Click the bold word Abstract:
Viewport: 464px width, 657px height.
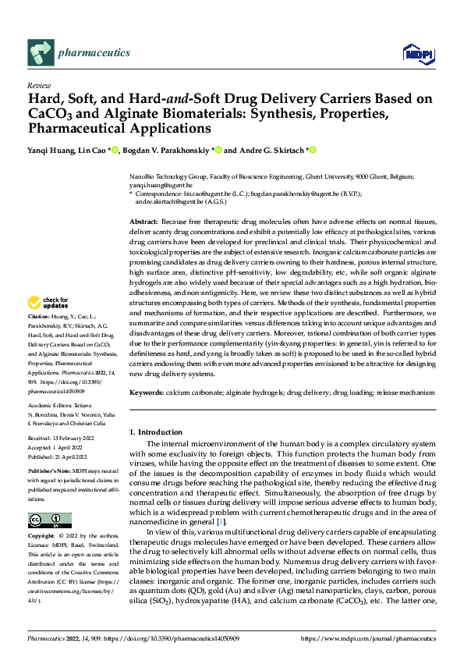click(144, 222)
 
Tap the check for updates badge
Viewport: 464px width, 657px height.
click(48, 302)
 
